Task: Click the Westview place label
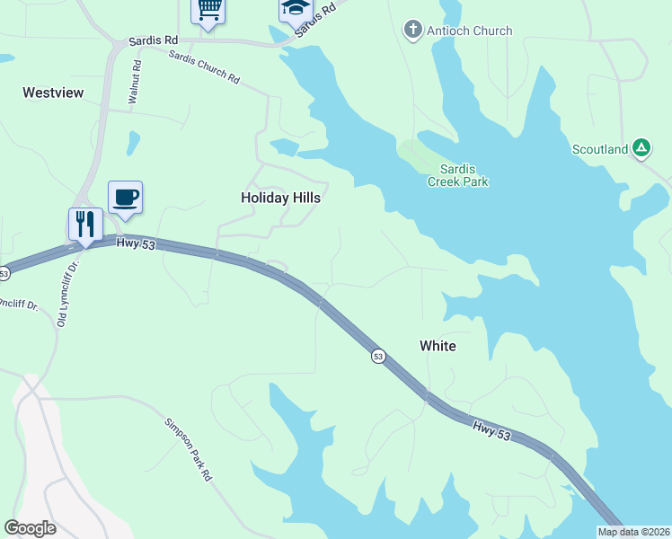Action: tap(53, 92)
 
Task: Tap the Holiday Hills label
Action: tap(280, 198)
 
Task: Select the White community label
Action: tap(438, 346)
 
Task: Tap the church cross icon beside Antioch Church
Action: tap(412, 31)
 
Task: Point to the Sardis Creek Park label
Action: tap(463, 175)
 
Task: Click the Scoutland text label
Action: tap(600, 149)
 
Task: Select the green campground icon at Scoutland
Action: tap(641, 148)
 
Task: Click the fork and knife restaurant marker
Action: tap(85, 225)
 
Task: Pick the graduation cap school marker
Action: tap(295, 9)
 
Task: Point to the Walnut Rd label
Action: tap(136, 84)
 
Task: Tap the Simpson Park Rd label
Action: tap(187, 448)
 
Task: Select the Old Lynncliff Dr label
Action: tap(64, 293)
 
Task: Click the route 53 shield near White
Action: tap(379, 357)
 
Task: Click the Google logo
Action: tap(30, 528)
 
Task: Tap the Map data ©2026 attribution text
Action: tap(633, 532)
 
